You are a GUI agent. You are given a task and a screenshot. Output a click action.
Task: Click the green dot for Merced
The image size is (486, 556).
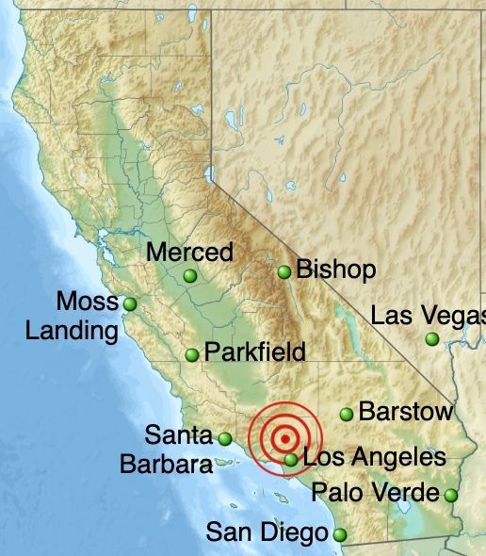point(191,275)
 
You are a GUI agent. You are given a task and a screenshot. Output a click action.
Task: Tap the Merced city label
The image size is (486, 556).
point(190,253)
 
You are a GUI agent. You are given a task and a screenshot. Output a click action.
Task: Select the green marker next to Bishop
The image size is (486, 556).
point(284,272)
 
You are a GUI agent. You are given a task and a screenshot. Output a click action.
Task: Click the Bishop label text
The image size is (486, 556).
point(336,270)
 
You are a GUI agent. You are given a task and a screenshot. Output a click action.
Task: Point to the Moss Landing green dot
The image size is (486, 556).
point(130,304)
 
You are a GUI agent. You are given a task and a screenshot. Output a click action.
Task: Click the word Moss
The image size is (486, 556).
point(88,303)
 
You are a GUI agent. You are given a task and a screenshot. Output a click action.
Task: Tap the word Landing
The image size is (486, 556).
point(72,331)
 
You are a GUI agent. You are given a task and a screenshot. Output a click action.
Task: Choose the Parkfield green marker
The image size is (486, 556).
point(192,355)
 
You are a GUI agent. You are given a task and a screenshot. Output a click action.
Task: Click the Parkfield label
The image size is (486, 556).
point(255,352)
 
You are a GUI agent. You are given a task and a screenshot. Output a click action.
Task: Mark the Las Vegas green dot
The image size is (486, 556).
point(432,339)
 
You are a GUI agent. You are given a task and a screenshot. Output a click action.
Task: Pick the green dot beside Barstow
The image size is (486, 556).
point(347,414)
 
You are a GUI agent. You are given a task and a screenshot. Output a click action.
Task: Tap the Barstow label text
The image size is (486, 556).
point(406,412)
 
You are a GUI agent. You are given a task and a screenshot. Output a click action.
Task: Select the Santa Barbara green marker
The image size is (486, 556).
point(225,438)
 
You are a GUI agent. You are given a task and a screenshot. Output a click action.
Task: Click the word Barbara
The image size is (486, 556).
point(166,465)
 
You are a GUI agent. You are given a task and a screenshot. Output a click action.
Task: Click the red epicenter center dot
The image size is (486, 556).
point(285,437)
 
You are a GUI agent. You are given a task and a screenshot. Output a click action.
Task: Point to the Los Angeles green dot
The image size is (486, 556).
point(292,460)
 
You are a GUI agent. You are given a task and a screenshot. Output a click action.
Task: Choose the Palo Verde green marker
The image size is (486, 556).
point(451,495)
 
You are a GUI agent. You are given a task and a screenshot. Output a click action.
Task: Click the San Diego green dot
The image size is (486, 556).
point(340,535)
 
